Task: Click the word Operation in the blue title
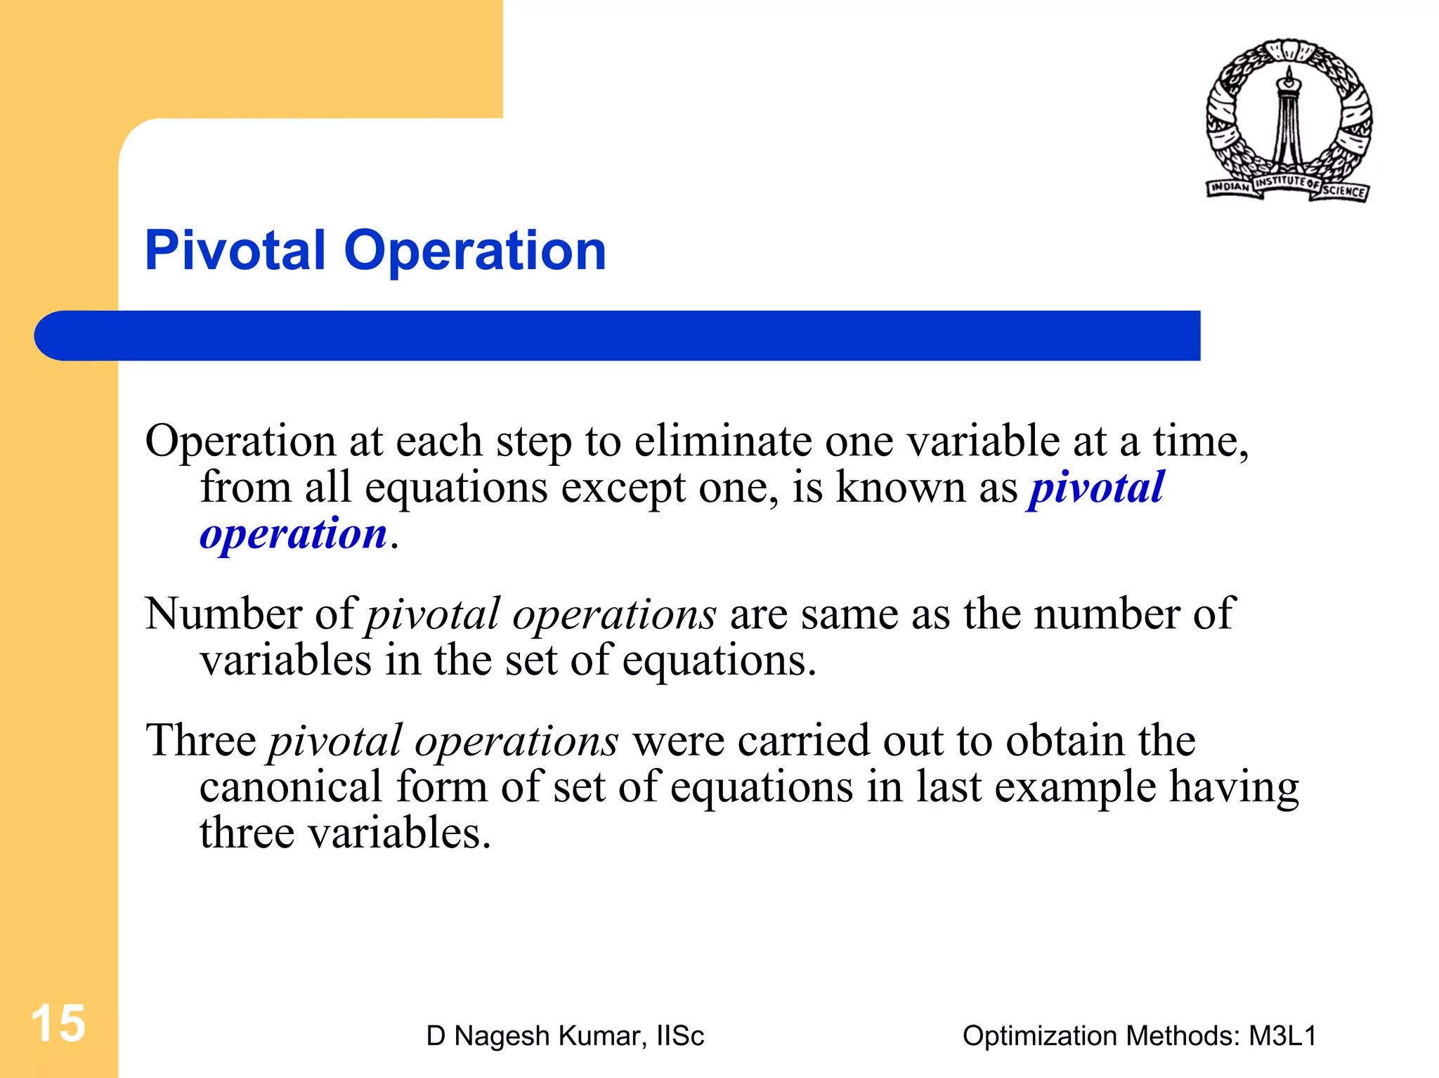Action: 475,252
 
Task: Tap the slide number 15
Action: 58,1023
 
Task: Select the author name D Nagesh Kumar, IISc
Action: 565,1036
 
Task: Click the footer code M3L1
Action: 1282,1036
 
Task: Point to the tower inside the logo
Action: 1289,119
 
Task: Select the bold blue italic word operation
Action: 293,533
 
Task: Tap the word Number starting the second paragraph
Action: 223,613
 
